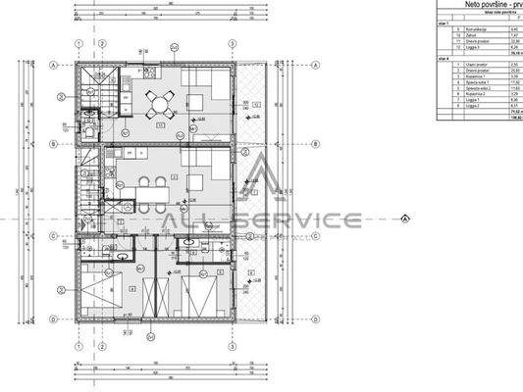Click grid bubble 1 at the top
pyautogui.click(x=78, y=44)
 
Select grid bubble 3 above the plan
pyautogui.click(x=232, y=44)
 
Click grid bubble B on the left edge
pyautogui.click(x=51, y=144)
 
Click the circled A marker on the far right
pyautogui.click(x=404, y=219)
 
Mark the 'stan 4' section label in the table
pyautogui.click(x=445, y=58)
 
